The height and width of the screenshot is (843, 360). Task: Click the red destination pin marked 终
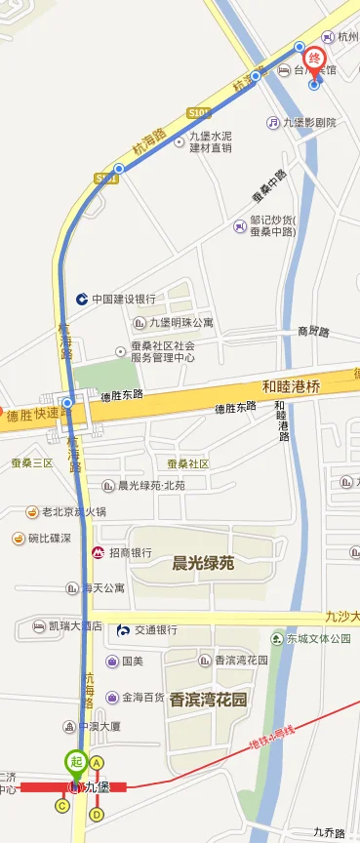[x=314, y=59]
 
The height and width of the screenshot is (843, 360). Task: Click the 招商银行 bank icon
[x=99, y=553]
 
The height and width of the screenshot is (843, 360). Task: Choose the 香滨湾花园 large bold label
[x=208, y=699]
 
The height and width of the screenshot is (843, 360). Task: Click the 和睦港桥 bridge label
[x=292, y=385]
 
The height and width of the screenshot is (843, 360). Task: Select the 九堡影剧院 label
[x=309, y=123]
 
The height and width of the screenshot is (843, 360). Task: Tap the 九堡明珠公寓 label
[x=180, y=323]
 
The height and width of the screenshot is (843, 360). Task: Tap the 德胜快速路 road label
[x=39, y=416]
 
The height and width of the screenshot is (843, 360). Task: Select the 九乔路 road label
[x=330, y=832]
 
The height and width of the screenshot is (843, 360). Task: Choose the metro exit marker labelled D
[x=97, y=814]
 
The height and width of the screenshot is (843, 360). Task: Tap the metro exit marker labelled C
[x=61, y=806]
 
